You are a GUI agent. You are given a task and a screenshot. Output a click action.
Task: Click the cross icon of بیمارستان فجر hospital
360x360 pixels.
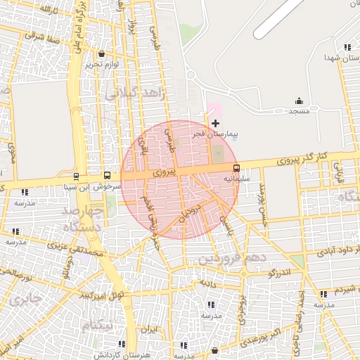[215, 123]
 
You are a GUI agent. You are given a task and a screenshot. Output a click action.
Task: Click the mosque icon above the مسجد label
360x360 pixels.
[299, 101]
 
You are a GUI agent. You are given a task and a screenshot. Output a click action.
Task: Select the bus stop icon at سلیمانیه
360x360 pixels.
[236, 168]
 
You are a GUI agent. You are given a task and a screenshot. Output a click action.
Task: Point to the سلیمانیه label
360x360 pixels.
[236, 179]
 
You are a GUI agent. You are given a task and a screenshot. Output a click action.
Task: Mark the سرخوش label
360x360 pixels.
[110, 187]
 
